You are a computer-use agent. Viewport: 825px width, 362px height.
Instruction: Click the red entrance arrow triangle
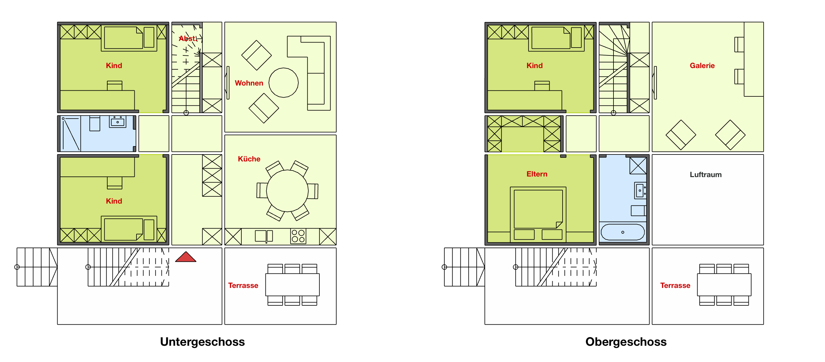tap(186, 257)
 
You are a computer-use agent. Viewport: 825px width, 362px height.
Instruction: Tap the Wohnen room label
tap(249, 83)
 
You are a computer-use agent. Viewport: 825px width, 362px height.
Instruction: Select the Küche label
tap(249, 159)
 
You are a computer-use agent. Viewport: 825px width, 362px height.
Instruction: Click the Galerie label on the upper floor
tap(702, 66)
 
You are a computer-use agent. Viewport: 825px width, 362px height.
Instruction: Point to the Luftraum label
tap(706, 174)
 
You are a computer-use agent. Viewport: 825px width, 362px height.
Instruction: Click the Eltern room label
tap(537, 174)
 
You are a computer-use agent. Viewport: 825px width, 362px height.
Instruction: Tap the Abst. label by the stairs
tap(188, 39)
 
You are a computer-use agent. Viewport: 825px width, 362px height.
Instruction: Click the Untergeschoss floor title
tap(202, 342)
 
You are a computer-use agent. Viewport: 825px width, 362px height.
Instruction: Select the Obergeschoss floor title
tap(626, 342)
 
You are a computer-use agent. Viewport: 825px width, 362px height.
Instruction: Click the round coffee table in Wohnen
tap(284, 83)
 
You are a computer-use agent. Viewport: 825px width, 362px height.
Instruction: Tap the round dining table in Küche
tap(287, 191)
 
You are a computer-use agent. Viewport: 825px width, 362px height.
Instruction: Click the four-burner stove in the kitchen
tap(298, 236)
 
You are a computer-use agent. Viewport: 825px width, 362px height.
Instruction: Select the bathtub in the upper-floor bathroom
tap(623, 232)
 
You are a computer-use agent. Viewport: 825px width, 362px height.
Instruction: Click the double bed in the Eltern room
tap(538, 214)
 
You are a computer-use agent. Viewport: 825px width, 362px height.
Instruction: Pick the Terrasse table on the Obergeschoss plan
tap(724, 285)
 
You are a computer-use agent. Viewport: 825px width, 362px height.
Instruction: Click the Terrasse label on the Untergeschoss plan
tap(243, 286)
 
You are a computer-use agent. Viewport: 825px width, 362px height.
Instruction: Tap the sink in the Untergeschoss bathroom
tap(118, 122)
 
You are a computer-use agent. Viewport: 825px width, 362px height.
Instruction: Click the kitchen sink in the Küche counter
tap(264, 236)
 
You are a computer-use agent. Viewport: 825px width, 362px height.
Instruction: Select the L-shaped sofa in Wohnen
tap(309, 73)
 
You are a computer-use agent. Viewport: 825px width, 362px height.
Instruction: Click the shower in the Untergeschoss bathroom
tap(71, 134)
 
